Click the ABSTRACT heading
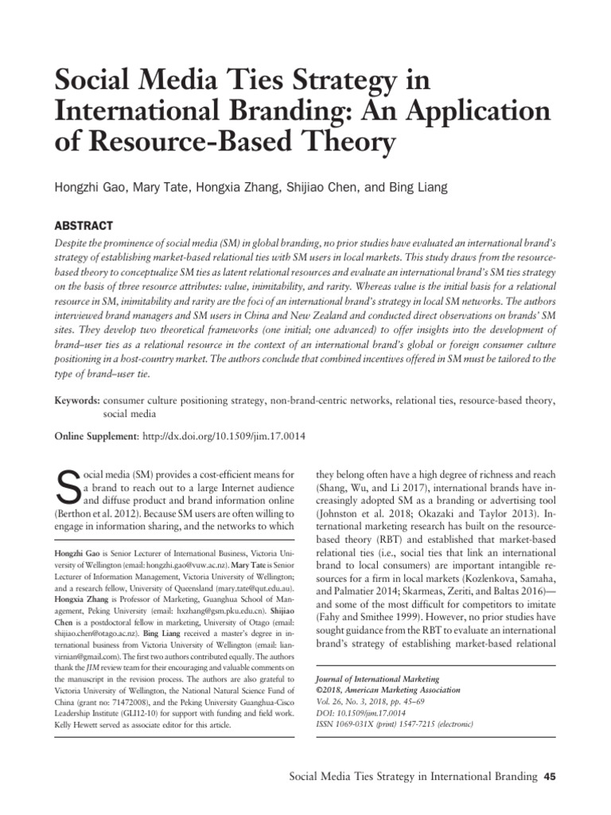[84, 225]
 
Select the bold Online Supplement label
[95, 437]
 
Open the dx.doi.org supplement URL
[224, 437]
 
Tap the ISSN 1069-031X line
[390, 724]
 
